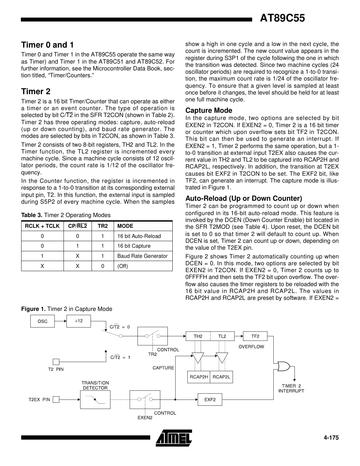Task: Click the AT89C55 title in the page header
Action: pyautogui.click(x=282, y=18)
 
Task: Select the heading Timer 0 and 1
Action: pyautogui.click(x=47, y=45)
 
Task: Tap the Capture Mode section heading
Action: pyautogui.click(x=209, y=110)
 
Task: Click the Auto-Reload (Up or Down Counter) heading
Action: pyautogui.click(x=243, y=198)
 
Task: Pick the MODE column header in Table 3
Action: pyautogui.click(x=125, y=226)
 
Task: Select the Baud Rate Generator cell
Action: pyautogui.click(x=142, y=256)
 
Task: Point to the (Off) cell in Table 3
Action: pyautogui.click(x=122, y=266)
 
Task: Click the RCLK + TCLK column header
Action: pyautogui.click(x=42, y=226)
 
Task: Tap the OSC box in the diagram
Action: pyautogui.click(x=42, y=321)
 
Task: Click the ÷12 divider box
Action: pyautogui.click(x=79, y=321)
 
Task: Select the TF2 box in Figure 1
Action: pyautogui.click(x=255, y=336)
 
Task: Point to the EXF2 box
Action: pyautogui.click(x=210, y=400)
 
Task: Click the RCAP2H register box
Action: pyautogui.click(x=199, y=377)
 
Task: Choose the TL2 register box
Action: pyautogui.click(x=222, y=336)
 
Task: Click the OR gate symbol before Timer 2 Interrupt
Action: pyautogui.click(x=283, y=366)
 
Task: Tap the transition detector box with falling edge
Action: pyautogui.click(x=95, y=400)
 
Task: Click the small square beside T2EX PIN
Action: pyautogui.click(x=56, y=400)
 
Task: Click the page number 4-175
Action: pyautogui.click(x=331, y=438)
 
